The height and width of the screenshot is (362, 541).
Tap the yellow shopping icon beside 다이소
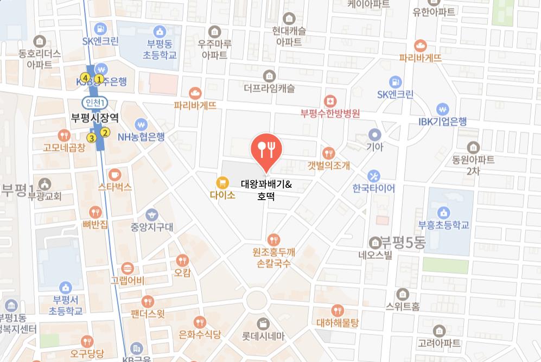tap(221, 182)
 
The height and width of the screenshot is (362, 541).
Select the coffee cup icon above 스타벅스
tap(114, 174)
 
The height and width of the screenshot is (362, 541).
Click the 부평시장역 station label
tap(95, 117)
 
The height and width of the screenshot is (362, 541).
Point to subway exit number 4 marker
tap(85, 77)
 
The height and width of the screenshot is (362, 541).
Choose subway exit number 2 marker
tap(105, 132)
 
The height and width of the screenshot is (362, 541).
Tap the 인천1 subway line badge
tap(95, 103)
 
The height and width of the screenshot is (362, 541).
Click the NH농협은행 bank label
tap(141, 137)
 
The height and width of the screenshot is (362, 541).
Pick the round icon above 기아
tap(374, 134)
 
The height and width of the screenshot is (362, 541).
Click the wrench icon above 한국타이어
tap(373, 176)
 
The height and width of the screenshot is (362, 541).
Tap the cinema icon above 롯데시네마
tap(263, 323)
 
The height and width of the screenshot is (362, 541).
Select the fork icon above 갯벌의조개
tap(328, 153)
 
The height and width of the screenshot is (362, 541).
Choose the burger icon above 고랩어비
tap(128, 268)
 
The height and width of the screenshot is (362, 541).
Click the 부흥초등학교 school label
tap(443, 225)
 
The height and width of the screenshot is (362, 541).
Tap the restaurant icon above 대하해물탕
tap(338, 310)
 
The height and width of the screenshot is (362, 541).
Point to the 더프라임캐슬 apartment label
tap(269, 88)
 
